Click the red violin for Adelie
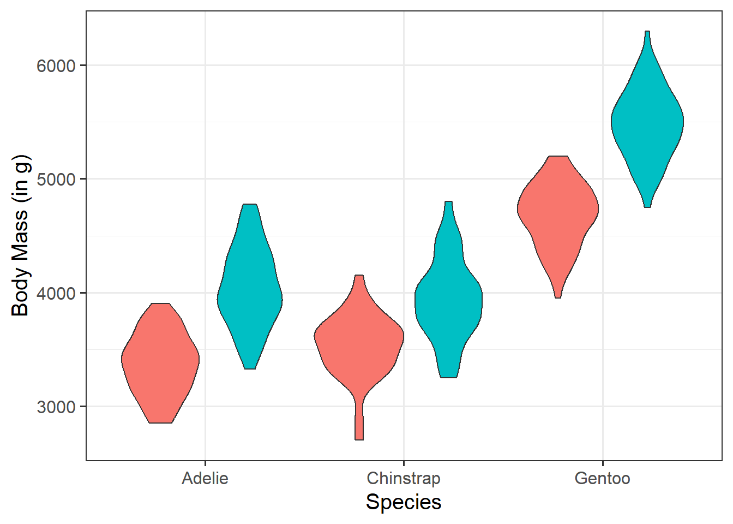[x=160, y=360]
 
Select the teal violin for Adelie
[x=250, y=295]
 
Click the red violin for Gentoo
[x=557, y=213]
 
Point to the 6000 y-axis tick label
[x=56, y=65]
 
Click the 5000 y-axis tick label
[x=56, y=179]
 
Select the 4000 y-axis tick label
[x=56, y=293]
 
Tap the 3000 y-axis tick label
[x=56, y=407]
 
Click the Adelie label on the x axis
[x=205, y=479]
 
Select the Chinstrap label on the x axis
[x=404, y=479]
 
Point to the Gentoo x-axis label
[x=602, y=479]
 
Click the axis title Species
[x=404, y=502]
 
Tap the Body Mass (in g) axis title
[x=21, y=236]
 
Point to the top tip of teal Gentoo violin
[x=647, y=34]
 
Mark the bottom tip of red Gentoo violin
[x=557, y=295]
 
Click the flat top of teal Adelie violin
[x=250, y=206]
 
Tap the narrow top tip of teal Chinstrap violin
[x=448, y=204]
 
